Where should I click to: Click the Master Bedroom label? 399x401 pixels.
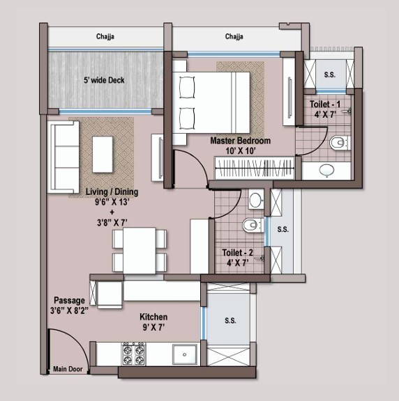click(x=241, y=141)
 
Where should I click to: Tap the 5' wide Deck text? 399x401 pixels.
click(x=104, y=80)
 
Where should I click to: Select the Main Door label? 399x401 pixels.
click(x=68, y=369)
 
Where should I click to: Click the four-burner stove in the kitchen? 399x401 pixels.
click(x=133, y=354)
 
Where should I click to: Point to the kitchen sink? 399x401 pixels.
click(x=185, y=354)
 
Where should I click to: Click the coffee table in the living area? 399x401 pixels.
click(x=103, y=155)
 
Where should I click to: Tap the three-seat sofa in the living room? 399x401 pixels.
click(x=63, y=157)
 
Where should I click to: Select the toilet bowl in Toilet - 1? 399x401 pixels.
click(x=340, y=143)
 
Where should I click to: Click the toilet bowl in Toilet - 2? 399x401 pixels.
click(x=253, y=225)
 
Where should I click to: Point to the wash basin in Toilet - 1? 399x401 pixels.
click(x=326, y=170)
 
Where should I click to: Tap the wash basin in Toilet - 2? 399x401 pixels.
click(x=255, y=200)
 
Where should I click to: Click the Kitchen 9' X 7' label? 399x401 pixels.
click(x=153, y=322)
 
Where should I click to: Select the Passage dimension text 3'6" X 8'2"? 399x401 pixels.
click(x=70, y=310)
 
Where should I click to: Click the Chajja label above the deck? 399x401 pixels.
click(x=105, y=36)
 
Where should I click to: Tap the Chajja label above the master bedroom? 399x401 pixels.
click(x=234, y=36)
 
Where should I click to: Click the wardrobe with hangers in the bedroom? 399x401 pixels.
click(x=255, y=168)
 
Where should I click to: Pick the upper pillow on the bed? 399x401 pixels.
click(x=187, y=88)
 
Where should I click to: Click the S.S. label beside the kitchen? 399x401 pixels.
click(x=230, y=320)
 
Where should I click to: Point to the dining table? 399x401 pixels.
click(x=140, y=251)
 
